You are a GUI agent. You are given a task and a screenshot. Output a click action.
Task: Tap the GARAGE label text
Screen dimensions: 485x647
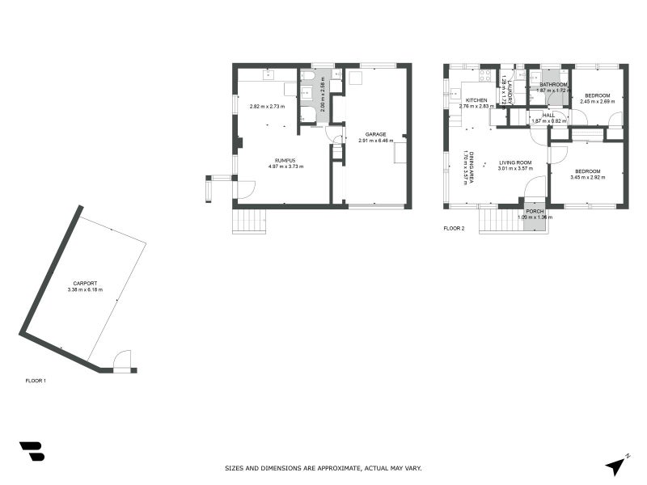click(x=375, y=134)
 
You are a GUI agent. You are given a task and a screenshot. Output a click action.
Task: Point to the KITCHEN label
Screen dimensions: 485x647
click(x=476, y=99)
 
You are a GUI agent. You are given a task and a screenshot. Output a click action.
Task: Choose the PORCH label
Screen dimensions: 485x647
click(x=535, y=210)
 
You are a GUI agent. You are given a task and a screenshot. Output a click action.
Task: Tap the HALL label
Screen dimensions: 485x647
click(x=548, y=115)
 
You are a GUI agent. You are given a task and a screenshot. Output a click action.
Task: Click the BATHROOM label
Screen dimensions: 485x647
click(x=553, y=84)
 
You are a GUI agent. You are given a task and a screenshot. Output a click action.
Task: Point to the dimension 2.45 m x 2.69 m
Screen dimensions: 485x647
click(x=598, y=102)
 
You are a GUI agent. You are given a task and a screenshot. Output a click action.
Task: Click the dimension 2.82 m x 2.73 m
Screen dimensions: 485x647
click(x=267, y=107)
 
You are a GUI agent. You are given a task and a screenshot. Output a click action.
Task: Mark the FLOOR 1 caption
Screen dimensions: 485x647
click(x=36, y=380)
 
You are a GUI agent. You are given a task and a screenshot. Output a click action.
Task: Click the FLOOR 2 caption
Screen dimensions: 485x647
click(x=455, y=229)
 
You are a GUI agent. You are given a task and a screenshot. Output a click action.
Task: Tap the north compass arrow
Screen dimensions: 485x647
click(x=616, y=465)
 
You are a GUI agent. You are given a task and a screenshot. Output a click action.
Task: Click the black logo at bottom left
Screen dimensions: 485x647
click(x=32, y=451)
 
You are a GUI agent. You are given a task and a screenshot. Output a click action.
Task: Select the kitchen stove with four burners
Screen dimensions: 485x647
click(x=486, y=77)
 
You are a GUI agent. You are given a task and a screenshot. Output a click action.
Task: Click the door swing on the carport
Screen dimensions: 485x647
click(x=121, y=360)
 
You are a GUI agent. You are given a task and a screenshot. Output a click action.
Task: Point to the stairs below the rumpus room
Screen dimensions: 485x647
click(x=249, y=221)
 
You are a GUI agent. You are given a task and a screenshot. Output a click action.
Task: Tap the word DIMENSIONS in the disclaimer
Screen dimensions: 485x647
click(x=287, y=468)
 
